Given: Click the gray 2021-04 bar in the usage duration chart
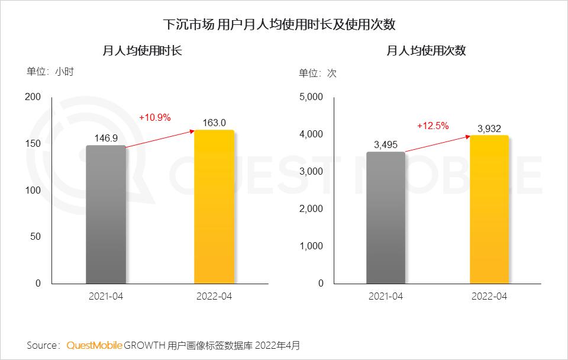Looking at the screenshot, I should (x=106, y=214).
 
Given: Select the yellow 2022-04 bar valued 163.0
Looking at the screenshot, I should (x=214, y=207).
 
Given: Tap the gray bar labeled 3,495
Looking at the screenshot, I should (x=386, y=217).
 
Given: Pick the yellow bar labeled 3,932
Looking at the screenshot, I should (x=489, y=209).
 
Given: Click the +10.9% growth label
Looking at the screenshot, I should (x=155, y=117).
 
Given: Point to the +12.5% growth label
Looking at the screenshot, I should (x=433, y=126).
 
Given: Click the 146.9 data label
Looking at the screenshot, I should (x=106, y=137).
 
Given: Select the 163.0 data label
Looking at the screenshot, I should (x=214, y=123).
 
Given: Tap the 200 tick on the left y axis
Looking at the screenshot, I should (x=34, y=97).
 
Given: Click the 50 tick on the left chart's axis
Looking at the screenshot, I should (x=36, y=237).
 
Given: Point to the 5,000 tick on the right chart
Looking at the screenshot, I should (x=312, y=97).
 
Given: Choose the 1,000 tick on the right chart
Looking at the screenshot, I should (x=312, y=246).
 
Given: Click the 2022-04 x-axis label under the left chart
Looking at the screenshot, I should (x=214, y=296).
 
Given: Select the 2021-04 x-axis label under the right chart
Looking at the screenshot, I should (x=386, y=296).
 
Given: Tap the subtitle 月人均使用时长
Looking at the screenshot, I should (x=142, y=51).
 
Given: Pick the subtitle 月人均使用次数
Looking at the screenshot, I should (x=426, y=51).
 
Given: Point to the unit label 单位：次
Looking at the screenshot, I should (x=317, y=73).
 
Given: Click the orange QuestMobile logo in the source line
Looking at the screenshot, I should (x=95, y=345).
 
